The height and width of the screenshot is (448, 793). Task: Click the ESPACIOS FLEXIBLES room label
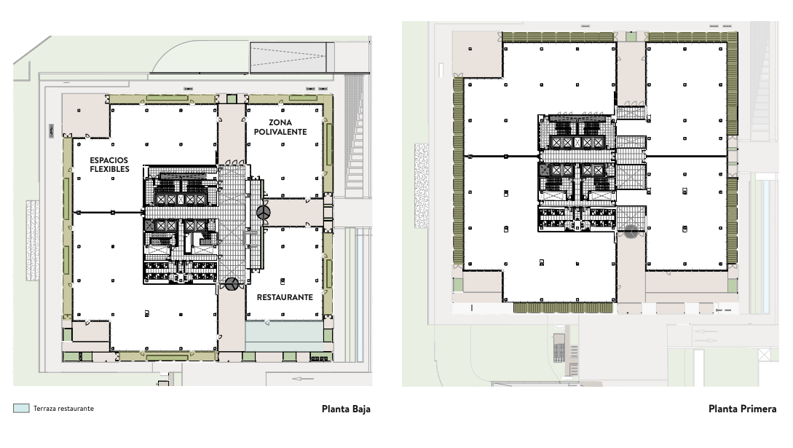click(x=109, y=164)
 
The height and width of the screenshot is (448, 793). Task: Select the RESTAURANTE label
click(x=285, y=297)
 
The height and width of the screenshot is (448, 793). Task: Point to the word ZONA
click(x=280, y=122)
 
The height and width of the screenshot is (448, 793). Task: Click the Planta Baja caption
click(x=346, y=409)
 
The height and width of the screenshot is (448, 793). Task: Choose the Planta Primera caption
click(x=742, y=409)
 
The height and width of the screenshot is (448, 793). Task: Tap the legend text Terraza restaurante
click(x=63, y=409)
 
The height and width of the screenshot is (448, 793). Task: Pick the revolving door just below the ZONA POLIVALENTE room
click(x=263, y=212)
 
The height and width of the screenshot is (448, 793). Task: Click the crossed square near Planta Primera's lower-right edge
click(x=764, y=355)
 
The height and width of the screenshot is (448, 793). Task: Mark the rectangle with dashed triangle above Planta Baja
click(x=289, y=55)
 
